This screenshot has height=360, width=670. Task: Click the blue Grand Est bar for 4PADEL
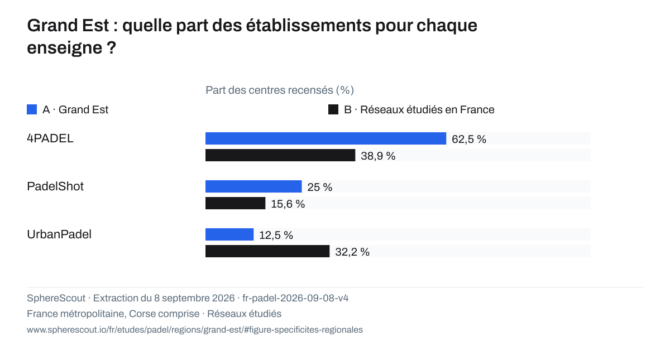coord(326,138)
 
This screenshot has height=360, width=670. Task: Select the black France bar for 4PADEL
coord(280,155)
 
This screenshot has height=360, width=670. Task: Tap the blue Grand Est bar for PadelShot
coord(253,186)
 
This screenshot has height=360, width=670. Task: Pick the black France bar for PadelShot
coord(236,203)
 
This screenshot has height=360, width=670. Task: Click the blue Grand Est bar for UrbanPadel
coord(229,234)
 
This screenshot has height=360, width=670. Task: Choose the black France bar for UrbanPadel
coord(267,251)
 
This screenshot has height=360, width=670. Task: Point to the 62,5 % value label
coord(469,139)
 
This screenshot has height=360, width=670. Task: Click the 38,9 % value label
coord(378,156)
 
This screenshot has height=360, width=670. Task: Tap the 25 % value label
coord(320,187)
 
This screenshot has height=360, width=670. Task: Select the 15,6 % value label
coord(288,204)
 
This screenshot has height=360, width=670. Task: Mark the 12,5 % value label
coord(276,236)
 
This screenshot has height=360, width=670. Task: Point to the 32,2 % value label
coord(352,252)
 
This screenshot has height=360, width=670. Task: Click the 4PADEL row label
coord(50,138)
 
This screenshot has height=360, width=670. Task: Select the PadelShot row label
coord(55,186)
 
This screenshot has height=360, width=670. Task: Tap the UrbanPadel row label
coord(59,234)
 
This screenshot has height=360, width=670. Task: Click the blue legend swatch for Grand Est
coord(32,109)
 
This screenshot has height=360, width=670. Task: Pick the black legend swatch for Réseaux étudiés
coord(333,109)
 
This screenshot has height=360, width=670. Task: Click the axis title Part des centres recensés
coord(280,90)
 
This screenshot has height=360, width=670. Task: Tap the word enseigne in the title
coord(65,48)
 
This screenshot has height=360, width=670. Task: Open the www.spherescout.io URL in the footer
coord(195,329)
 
